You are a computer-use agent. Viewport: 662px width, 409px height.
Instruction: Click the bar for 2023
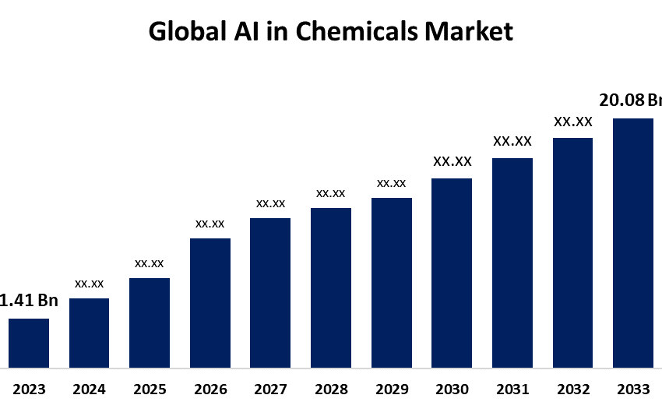[x=29, y=343]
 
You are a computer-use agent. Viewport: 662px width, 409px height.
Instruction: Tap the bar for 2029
[x=392, y=282]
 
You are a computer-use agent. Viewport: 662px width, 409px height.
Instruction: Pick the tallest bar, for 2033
[x=632, y=242]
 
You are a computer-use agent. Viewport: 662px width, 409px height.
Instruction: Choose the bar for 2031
[x=512, y=263]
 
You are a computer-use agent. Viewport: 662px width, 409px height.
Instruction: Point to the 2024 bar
[x=90, y=333]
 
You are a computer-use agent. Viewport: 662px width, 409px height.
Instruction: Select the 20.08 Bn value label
[x=629, y=100]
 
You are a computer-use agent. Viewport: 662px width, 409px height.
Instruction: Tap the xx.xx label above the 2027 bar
[x=270, y=203]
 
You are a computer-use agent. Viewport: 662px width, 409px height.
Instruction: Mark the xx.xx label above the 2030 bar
[x=452, y=162]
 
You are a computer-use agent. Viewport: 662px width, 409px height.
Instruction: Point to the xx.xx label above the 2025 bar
[x=150, y=263]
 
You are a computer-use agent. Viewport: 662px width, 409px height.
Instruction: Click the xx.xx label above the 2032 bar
[x=573, y=122]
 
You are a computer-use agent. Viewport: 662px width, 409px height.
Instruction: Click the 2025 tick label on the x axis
[x=150, y=389]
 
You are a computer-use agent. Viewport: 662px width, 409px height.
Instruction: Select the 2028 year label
[x=331, y=389]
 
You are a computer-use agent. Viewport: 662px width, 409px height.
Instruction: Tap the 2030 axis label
[x=452, y=389]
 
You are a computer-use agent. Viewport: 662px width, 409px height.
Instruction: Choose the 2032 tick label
[x=572, y=389]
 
